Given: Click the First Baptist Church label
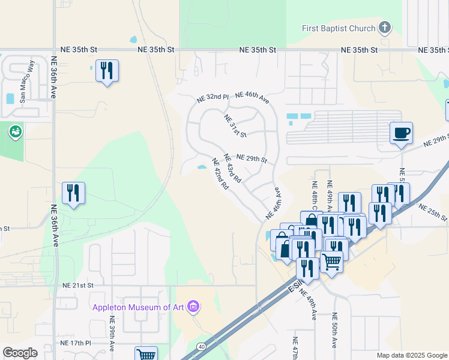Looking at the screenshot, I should pos(339,29).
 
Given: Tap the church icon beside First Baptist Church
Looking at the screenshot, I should pos(385,28).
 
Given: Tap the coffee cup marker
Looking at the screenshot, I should pos(400,133).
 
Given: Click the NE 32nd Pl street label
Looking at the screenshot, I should pos(212,97).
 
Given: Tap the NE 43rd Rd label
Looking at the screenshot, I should pos(232,169).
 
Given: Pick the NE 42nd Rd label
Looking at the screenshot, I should pos(220,174).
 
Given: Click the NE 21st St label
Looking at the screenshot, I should pos(78,286).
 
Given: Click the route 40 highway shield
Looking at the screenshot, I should pos(201,346).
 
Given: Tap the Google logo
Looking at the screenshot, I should pos(20,353).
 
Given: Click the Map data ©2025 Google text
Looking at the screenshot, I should pos(411,355).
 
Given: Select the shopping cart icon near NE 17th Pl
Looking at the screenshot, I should pos(146,354).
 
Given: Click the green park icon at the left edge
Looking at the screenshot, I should pos(15,130).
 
